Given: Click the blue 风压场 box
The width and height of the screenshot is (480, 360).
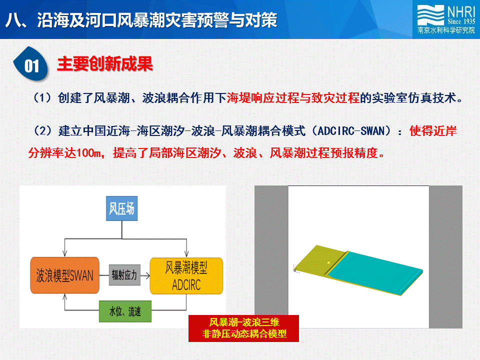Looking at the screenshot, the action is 122,208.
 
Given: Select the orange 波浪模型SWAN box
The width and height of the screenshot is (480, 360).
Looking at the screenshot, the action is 64,275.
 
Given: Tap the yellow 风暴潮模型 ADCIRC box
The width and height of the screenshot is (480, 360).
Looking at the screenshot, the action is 186,276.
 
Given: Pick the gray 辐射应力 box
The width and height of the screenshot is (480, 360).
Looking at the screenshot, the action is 124,275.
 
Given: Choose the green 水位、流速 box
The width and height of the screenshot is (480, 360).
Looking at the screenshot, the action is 125,311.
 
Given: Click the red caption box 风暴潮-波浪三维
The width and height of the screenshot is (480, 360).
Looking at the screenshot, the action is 243,328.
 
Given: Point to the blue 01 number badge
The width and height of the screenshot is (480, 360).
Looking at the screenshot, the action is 31,64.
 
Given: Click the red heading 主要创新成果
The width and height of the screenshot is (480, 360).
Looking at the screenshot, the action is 105,63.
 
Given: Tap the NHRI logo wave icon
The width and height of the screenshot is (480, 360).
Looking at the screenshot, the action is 430,15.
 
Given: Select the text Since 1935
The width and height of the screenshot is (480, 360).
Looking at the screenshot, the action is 461,21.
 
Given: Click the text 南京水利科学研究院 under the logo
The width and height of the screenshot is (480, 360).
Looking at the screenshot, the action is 446,30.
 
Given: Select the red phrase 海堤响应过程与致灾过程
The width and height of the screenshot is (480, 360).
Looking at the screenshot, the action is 293,98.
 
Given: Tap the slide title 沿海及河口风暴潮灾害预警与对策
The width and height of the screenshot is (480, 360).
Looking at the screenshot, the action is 156,20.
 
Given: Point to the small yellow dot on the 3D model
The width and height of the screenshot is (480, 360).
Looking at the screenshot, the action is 328,262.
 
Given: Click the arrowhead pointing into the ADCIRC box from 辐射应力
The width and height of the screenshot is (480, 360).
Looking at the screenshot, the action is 147,275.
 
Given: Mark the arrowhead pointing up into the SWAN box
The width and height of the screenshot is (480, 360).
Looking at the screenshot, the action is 64,296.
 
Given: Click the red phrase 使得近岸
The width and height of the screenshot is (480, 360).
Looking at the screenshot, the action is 433,131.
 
